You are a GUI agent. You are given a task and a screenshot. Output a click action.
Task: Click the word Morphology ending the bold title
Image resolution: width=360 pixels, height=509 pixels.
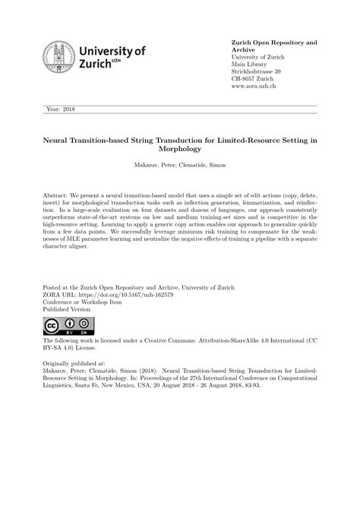179,149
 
